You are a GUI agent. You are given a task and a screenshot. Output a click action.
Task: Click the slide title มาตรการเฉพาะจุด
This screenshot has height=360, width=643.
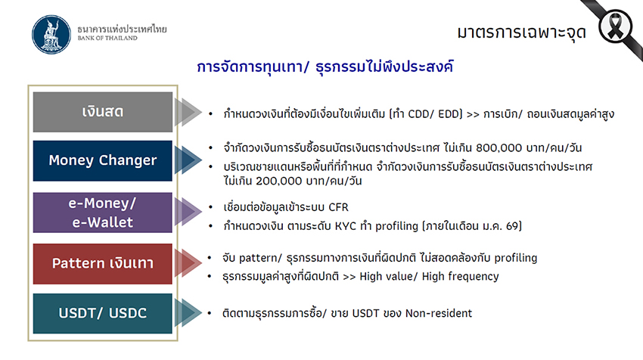click(523, 33)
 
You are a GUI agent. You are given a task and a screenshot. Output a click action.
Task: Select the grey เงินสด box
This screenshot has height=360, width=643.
click(103, 112)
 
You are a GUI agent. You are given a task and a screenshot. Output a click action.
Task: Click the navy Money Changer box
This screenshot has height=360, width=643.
click(103, 160)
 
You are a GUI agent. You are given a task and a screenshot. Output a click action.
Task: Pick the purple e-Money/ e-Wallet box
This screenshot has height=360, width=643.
click(103, 213)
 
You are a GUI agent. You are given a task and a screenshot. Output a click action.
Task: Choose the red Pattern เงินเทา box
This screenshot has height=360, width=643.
click(103, 263)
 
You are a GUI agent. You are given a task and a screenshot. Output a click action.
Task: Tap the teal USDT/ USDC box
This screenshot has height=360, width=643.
click(103, 313)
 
